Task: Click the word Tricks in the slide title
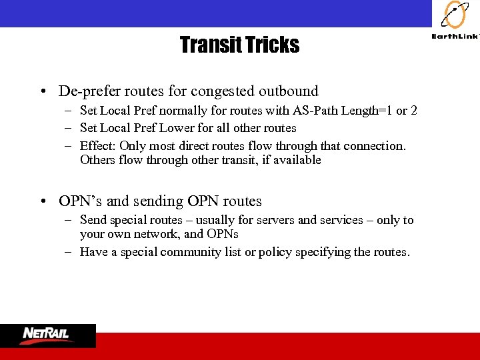(x=273, y=45)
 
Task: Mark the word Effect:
(x=97, y=145)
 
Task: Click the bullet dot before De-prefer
(x=42, y=91)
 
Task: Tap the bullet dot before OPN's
(x=42, y=201)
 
